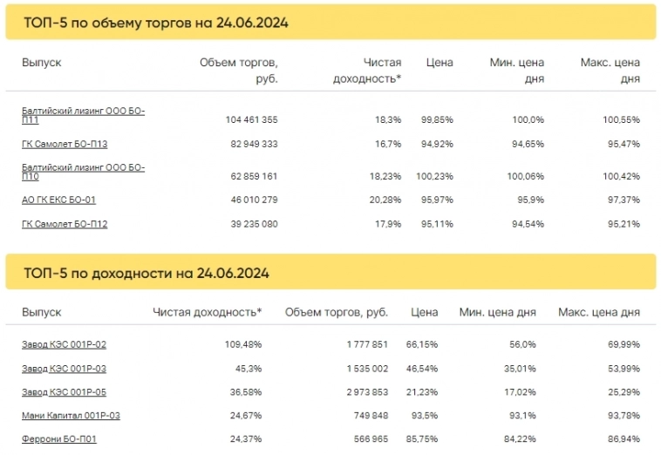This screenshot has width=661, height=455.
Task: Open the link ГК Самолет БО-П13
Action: point(65,144)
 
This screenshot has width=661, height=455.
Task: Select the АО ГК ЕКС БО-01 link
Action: point(58,200)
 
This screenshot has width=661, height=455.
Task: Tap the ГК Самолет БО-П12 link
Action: point(65,224)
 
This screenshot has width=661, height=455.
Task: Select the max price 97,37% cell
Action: point(623,200)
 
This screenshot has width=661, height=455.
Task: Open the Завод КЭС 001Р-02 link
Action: point(64,344)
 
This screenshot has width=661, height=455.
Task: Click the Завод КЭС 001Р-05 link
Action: point(64,391)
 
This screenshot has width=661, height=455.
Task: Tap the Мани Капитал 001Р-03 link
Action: point(71,416)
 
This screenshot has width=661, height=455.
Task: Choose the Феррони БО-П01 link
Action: point(58,438)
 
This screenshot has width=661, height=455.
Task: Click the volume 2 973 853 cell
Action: point(363,391)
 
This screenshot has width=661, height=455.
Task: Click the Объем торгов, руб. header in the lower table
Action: point(337,312)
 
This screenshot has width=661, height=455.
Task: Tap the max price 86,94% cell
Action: point(623,438)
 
